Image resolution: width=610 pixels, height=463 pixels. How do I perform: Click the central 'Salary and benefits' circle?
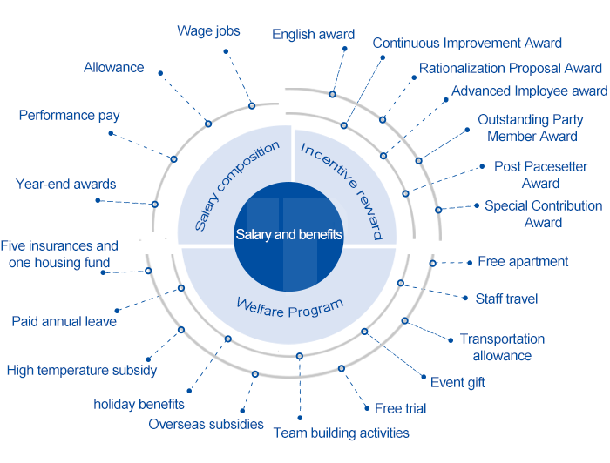click(x=288, y=235)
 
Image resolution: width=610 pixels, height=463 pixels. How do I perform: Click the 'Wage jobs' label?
click(x=208, y=31)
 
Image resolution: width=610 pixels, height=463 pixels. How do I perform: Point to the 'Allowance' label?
click(x=114, y=68)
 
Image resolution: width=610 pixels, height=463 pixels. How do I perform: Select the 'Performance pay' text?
click(x=70, y=116)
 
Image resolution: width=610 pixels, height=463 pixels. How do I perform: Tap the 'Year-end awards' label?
click(x=65, y=185)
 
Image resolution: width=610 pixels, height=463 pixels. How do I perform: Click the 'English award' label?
click(x=313, y=35)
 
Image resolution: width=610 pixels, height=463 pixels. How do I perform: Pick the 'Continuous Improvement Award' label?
click(x=467, y=43)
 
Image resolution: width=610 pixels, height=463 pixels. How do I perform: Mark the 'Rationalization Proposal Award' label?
click(x=510, y=68)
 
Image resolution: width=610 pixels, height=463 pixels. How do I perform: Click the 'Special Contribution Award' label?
click(x=543, y=214)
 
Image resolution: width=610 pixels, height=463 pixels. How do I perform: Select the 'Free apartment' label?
click(x=523, y=262)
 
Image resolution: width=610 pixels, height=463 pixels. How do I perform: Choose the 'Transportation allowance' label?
click(x=502, y=347)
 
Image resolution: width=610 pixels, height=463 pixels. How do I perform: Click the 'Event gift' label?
click(x=457, y=382)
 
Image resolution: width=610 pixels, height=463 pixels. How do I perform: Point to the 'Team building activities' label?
click(x=341, y=433)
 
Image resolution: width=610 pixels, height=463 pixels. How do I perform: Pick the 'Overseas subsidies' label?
click(x=206, y=425)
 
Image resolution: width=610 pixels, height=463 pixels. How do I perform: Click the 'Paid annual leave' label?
click(x=64, y=322)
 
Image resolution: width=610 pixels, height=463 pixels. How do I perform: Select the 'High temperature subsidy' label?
click(x=82, y=371)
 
